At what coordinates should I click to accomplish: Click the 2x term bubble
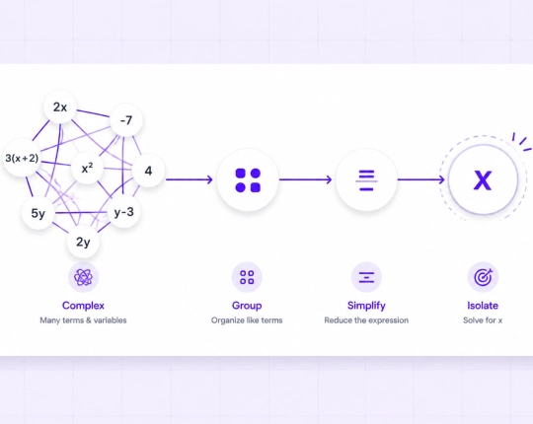coord(60,107)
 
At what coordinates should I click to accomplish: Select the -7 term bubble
coord(126,120)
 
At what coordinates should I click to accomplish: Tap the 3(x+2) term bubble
coord(22,158)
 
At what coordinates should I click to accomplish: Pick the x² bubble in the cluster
coord(88,168)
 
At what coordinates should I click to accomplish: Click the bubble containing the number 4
coord(148,171)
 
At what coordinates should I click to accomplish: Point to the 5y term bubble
coord(38,214)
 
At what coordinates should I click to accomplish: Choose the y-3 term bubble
coord(123,212)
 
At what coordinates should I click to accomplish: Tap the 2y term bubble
coord(83,242)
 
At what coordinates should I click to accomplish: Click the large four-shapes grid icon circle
coord(248,179)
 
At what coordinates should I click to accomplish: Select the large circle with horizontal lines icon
coord(366,179)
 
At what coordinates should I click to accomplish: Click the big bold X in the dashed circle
coord(483,180)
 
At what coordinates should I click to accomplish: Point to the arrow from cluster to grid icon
coord(190,179)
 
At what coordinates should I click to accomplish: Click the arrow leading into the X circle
coord(421,179)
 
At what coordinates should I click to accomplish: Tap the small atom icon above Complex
coord(83,277)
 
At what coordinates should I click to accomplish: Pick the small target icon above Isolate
coord(483,277)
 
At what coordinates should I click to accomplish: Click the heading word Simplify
coord(366,306)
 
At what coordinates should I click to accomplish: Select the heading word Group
coord(247,306)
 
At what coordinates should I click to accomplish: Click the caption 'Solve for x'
coord(483,320)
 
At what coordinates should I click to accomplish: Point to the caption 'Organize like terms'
coord(247,320)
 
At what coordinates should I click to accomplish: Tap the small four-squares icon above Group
coord(247,277)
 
